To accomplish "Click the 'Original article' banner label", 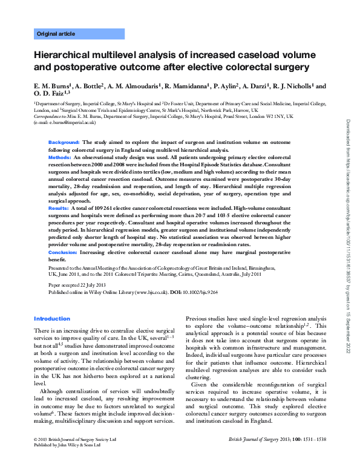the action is [x=56, y=34].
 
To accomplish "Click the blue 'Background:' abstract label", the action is [x=64, y=142].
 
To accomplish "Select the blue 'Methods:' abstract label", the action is [x=60, y=157].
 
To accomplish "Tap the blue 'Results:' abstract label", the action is [x=58, y=207].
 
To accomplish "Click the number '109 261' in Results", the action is [x=98, y=207].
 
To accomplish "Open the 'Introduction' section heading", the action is [x=52, y=319].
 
